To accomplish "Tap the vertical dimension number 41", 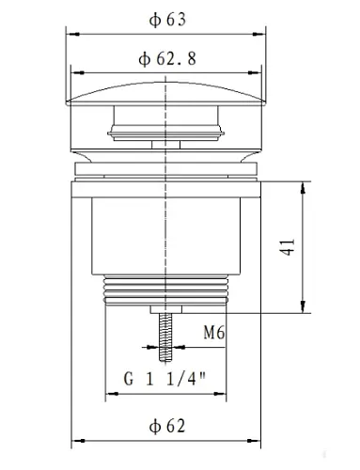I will point(288,246).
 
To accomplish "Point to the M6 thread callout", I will point(214,331).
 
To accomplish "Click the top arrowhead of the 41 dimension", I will point(302,185).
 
